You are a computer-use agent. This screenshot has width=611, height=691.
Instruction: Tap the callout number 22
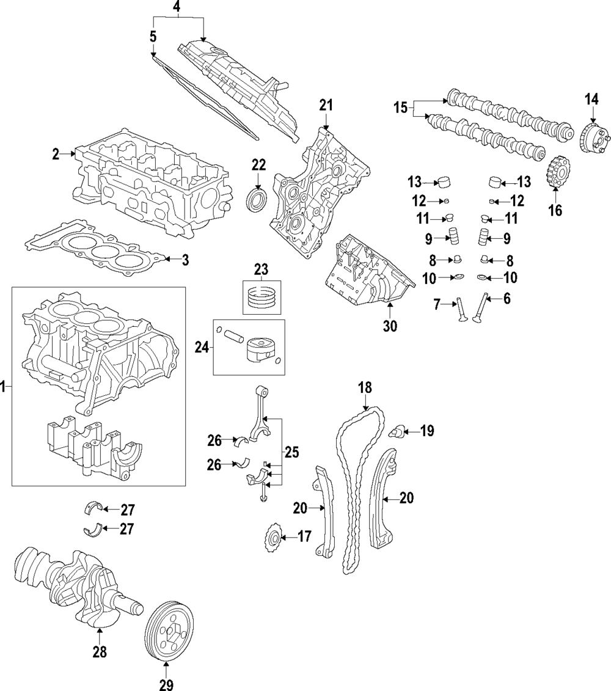tap(258, 165)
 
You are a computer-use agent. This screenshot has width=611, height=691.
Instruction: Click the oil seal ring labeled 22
tap(256, 201)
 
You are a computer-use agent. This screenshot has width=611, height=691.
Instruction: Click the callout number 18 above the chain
tap(365, 387)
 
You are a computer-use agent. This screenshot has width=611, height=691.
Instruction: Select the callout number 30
tap(389, 326)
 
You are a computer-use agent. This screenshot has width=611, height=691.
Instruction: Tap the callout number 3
tap(185, 260)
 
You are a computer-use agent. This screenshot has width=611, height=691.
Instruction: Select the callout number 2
tap(56, 154)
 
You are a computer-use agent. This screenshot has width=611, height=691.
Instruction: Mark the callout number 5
tap(153, 37)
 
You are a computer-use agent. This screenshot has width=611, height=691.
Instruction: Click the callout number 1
tap(4, 386)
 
